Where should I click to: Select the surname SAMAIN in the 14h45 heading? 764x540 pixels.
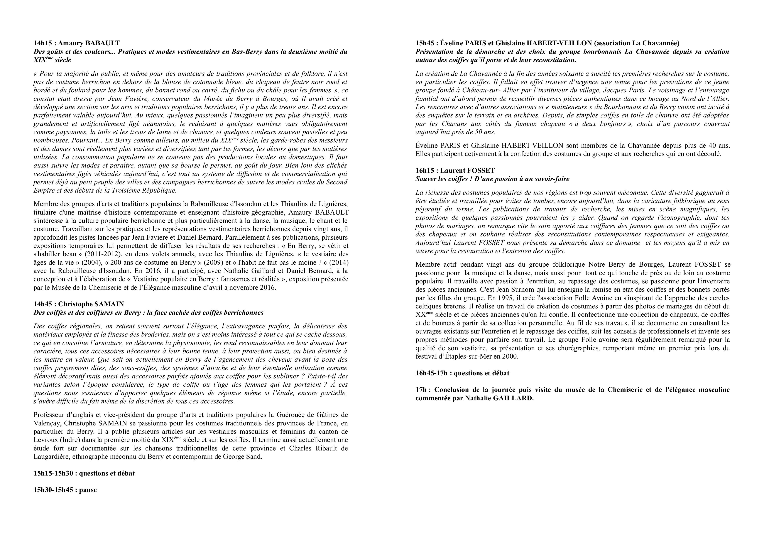click(x=110, y=304)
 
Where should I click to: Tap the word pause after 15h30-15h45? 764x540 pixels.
click(x=88, y=490)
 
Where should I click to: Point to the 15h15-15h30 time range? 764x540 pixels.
click(x=53, y=473)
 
